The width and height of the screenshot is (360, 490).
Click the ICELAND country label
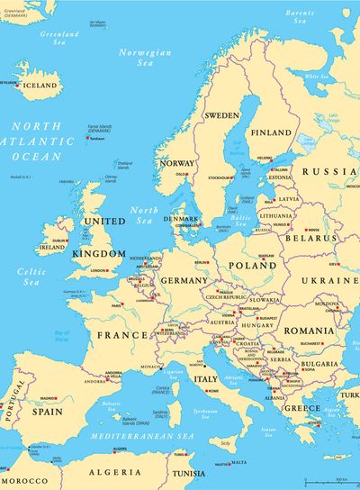[40, 86]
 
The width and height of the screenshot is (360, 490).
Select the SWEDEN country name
[222, 115]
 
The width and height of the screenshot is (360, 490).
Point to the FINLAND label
[271, 132]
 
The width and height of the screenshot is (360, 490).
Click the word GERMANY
[184, 280]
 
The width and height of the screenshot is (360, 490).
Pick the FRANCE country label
[121, 335]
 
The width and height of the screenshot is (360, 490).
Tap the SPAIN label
[48, 411]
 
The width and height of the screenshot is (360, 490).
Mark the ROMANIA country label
[309, 331]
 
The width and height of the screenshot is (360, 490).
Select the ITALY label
[206, 379]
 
